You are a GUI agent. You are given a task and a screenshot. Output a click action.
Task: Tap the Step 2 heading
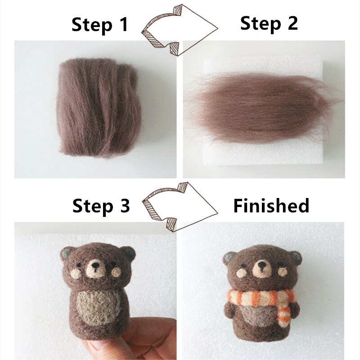pos(269,23)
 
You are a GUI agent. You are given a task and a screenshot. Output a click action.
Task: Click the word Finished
pos(271,206)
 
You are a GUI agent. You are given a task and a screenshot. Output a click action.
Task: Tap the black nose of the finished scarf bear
pos(261,266)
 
